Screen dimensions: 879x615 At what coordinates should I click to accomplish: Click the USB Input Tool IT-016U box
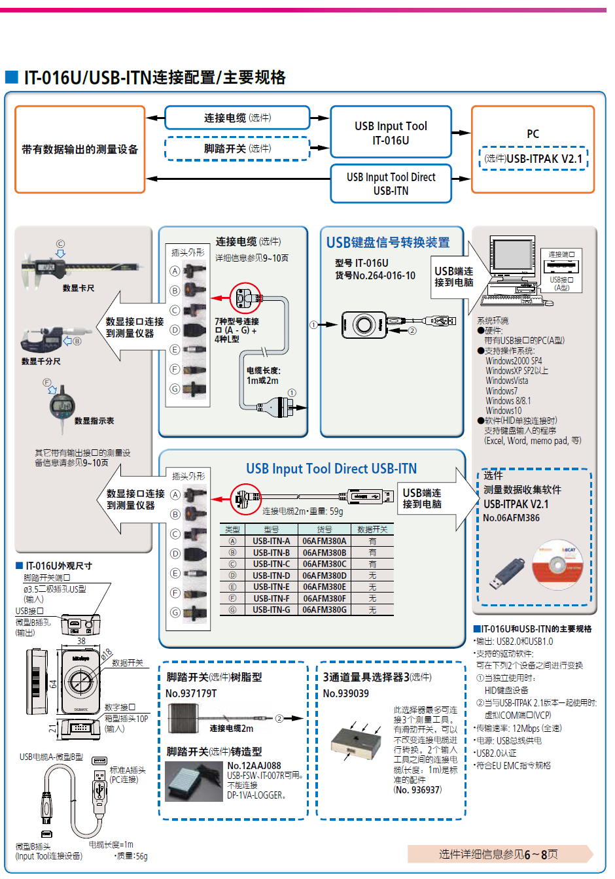(x=391, y=133)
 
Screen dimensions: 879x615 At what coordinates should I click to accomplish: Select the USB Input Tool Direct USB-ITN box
(x=391, y=184)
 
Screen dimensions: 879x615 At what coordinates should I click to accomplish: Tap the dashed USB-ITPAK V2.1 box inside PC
(x=533, y=158)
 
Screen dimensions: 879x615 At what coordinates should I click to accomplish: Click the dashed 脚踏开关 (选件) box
(x=237, y=148)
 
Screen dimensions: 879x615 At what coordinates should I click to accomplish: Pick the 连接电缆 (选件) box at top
(x=237, y=118)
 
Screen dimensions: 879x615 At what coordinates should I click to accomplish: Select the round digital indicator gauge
(x=61, y=408)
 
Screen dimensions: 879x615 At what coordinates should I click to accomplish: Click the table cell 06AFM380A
(x=325, y=541)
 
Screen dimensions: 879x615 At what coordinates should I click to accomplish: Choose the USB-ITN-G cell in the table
(x=271, y=610)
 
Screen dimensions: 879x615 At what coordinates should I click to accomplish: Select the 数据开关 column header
(x=372, y=529)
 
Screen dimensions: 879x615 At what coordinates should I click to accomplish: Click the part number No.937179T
(x=191, y=693)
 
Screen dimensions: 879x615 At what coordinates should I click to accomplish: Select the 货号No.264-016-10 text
(x=375, y=275)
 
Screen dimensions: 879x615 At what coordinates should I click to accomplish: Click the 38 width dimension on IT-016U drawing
(x=80, y=641)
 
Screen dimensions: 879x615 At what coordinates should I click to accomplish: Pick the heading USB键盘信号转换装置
(x=388, y=243)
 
